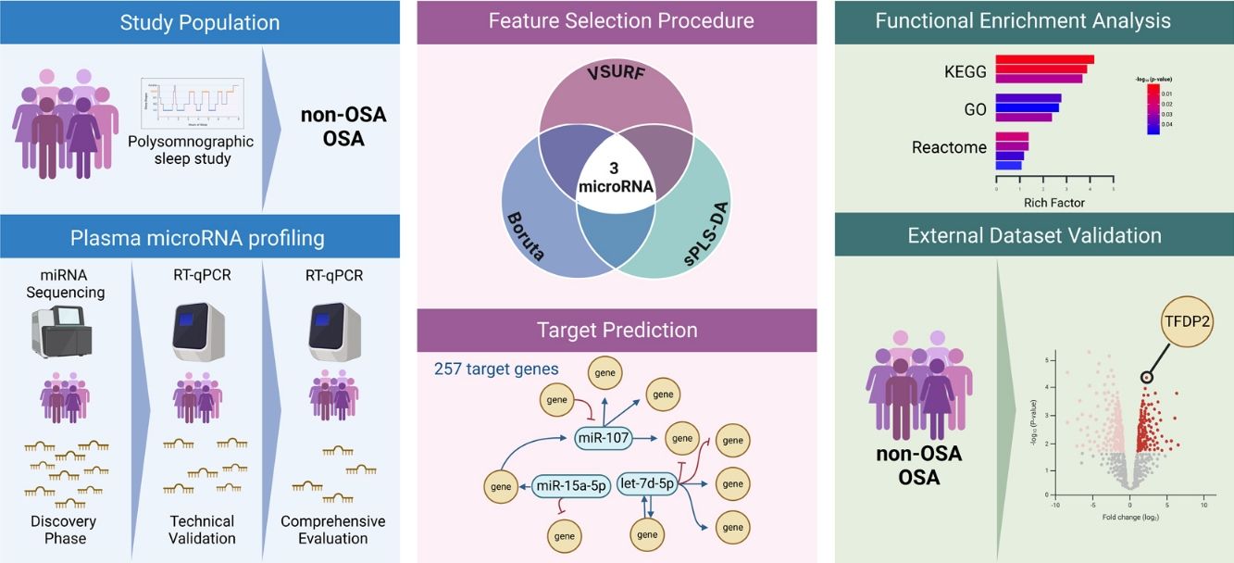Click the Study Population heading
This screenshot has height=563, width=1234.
click(200, 22)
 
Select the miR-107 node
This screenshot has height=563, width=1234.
click(603, 436)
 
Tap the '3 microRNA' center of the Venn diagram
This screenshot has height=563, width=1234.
click(616, 179)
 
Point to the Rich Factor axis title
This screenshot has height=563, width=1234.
click(1053, 202)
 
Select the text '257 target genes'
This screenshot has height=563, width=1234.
click(496, 369)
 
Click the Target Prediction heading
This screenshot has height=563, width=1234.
click(617, 330)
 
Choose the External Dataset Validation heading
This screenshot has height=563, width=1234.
click(1034, 236)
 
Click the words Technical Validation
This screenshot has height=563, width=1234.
click(203, 530)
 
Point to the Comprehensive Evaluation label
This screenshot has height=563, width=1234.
click(332, 530)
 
